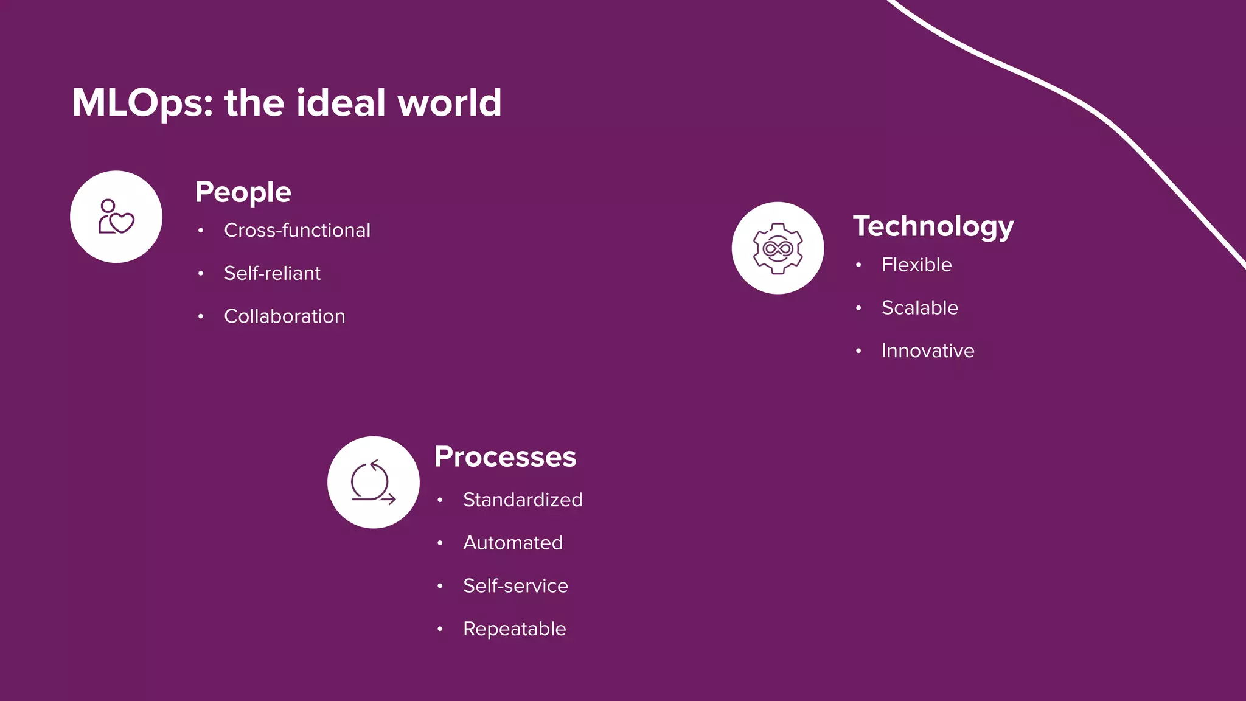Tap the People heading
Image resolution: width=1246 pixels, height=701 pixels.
(243, 192)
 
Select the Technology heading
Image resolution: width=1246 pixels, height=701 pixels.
(933, 226)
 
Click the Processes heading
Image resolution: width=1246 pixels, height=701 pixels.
(505, 457)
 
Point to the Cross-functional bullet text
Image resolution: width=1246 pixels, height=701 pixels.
(297, 231)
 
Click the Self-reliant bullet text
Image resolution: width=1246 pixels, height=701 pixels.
(272, 274)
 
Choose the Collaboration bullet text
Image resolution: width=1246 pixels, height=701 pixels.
(284, 316)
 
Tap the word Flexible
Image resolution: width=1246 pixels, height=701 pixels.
(916, 265)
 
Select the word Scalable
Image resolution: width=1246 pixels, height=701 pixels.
(919, 308)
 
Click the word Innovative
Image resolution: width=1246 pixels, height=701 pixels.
(927, 351)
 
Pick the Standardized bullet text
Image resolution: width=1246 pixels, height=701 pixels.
(523, 500)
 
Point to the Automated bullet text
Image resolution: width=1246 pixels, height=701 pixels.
(513, 543)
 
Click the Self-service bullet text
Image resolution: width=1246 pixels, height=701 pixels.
(515, 586)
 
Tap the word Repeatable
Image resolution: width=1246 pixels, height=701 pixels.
(514, 629)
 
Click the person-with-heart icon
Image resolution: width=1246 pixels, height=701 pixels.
(116, 217)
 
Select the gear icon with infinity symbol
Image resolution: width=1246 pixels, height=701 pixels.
(778, 248)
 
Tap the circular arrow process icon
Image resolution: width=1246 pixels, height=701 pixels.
(373, 483)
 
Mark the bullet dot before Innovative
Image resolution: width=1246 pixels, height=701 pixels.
(858, 351)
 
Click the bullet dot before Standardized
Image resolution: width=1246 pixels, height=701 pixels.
(440, 500)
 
